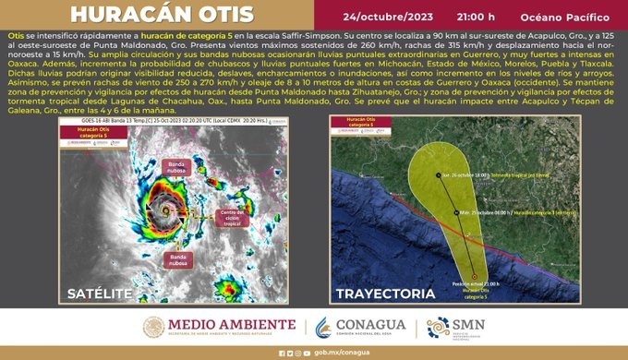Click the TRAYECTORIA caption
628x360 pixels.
386,294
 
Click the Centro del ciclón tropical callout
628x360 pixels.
230,218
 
